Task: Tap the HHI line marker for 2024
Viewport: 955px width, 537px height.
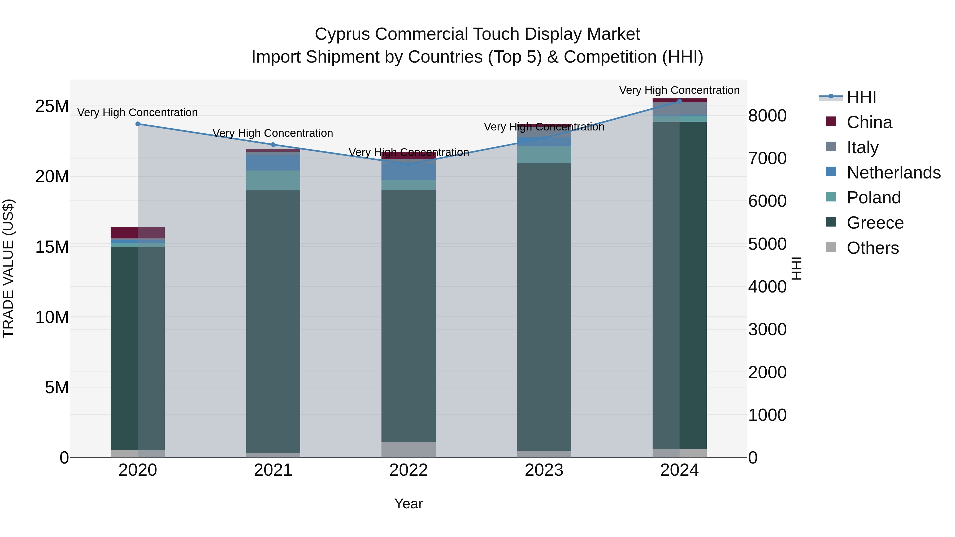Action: tap(680, 101)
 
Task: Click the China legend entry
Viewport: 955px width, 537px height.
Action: tap(869, 122)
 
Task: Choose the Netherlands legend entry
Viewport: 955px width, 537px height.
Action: tap(893, 173)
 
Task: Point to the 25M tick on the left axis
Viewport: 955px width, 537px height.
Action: tap(52, 106)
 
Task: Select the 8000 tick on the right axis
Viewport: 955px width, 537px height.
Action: tap(767, 116)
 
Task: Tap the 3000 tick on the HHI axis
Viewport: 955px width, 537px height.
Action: tap(767, 329)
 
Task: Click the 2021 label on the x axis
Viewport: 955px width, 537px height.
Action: tap(273, 470)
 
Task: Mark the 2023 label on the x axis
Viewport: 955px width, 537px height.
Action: tap(544, 470)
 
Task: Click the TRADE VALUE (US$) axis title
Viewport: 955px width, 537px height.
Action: tap(8, 268)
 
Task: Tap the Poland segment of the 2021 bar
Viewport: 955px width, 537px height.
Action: tap(273, 181)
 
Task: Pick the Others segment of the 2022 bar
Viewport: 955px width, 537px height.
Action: tap(409, 449)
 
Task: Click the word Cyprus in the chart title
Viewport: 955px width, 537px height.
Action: tap(342, 34)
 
